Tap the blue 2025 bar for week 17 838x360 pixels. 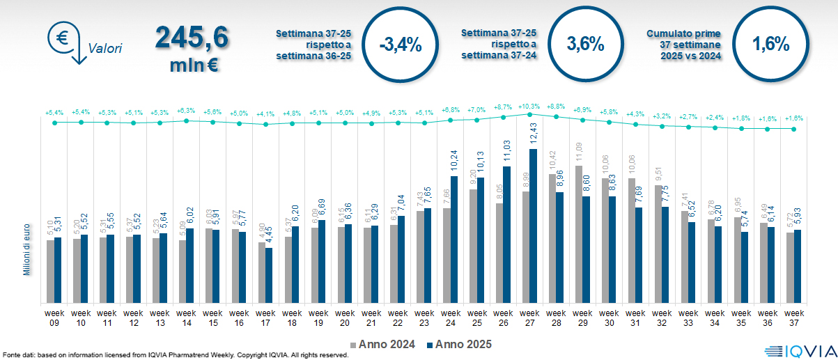(269, 275)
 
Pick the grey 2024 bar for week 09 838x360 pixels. (50, 272)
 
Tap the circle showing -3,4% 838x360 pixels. (401, 45)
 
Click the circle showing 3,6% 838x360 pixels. (585, 45)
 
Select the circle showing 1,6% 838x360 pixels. (770, 45)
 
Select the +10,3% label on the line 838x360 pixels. (529, 107)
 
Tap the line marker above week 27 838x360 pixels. (529, 114)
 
